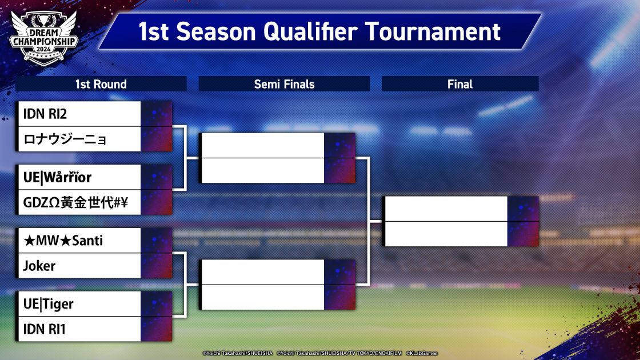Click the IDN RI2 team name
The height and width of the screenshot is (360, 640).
(x=45, y=114)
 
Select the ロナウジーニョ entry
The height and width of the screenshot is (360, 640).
(x=65, y=139)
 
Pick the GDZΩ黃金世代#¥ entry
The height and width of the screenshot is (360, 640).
(x=75, y=202)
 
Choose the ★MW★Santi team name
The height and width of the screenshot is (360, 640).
(x=63, y=241)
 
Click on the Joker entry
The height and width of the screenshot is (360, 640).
(x=39, y=266)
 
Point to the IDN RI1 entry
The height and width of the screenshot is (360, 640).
(x=44, y=329)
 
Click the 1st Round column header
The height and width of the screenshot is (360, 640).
(x=101, y=84)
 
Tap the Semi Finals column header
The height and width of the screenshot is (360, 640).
(x=284, y=84)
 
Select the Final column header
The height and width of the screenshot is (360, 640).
(x=460, y=84)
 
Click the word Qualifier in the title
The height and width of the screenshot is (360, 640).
(x=311, y=32)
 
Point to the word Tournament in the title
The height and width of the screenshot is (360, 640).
(x=433, y=32)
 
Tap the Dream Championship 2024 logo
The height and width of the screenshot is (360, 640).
(x=43, y=38)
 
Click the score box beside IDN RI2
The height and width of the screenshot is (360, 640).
(x=157, y=114)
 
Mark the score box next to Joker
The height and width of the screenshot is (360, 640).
(x=157, y=266)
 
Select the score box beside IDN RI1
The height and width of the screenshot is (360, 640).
(x=157, y=329)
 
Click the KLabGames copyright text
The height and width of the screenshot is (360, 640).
(x=422, y=353)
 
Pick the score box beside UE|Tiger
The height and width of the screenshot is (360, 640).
(x=157, y=303)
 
